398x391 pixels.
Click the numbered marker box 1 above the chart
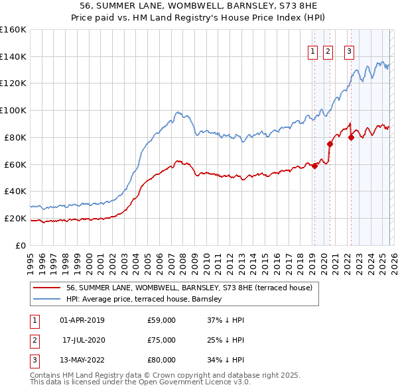(x=312, y=52)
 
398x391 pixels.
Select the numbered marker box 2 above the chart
(x=327, y=52)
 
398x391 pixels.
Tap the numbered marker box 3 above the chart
(x=349, y=52)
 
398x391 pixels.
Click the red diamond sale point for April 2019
(x=314, y=166)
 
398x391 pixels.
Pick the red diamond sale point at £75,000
(x=330, y=143)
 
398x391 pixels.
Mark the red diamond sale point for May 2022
(x=351, y=137)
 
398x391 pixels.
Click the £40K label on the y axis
(x=15, y=191)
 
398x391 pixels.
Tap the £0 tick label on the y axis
(x=20, y=245)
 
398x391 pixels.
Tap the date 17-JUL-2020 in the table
(x=84, y=340)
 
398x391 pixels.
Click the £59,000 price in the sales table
(x=161, y=320)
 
